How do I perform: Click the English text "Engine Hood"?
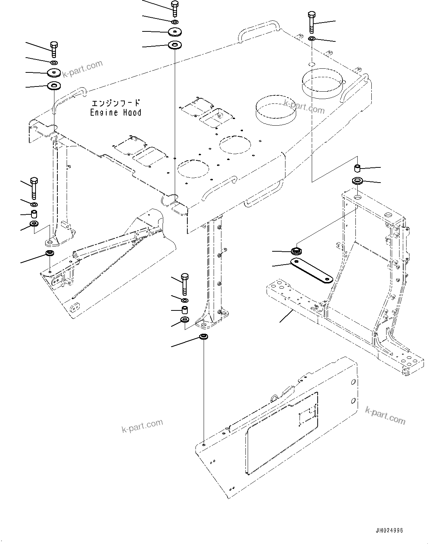click(116, 112)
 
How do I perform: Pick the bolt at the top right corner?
click(311, 22)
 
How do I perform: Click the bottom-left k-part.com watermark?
click(142, 425)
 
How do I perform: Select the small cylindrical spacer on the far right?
click(358, 169)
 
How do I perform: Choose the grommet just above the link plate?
click(296, 251)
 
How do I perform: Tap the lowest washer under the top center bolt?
click(174, 45)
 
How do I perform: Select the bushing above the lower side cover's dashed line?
click(203, 337)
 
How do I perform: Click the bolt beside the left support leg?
click(34, 188)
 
